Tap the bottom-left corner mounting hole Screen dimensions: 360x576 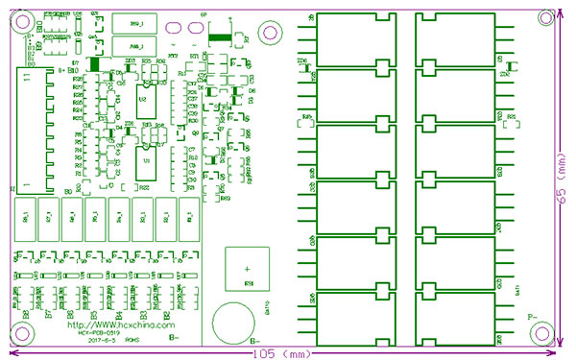pyautogui.click(x=21, y=333)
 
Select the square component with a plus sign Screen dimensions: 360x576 pyautogui.click(x=248, y=268)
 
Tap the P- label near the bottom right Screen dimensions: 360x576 pyautogui.click(x=531, y=316)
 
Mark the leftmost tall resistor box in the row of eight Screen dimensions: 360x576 pyautogui.click(x=22, y=220)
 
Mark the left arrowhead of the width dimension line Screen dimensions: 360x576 pyautogui.click(x=10, y=353)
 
